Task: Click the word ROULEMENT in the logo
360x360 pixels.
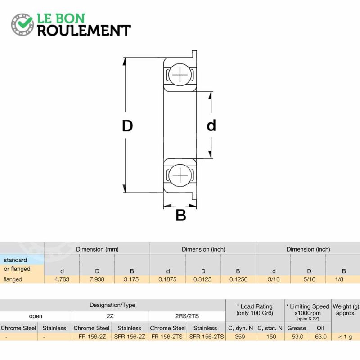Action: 84,31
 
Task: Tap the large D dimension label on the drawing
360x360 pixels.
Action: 127,126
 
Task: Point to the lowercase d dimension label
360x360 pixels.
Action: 211,126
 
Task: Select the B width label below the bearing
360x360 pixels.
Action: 181,216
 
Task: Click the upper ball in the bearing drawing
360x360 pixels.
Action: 180,75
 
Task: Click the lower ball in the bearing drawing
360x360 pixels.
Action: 180,175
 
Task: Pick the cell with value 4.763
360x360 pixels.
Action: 62,279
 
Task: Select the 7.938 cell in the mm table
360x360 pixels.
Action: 97,279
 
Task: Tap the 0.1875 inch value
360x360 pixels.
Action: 167,279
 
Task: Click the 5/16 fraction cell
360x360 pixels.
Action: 309,279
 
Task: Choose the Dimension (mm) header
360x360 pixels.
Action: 97,249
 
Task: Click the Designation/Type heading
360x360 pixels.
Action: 112,305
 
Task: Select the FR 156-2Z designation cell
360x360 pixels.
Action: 92,337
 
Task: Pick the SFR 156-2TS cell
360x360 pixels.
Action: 207,337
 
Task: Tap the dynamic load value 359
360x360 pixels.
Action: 240,337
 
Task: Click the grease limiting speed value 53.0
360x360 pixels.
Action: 297,337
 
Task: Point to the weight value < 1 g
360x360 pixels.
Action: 345,337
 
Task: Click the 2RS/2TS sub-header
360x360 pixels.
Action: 187,316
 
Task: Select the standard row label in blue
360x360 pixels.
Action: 15,260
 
